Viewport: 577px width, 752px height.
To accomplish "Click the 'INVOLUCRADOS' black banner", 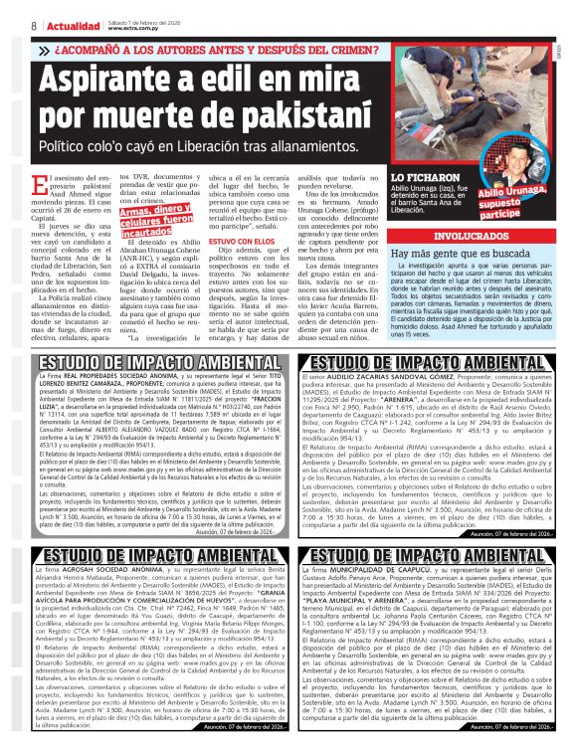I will click(x=466, y=238).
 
